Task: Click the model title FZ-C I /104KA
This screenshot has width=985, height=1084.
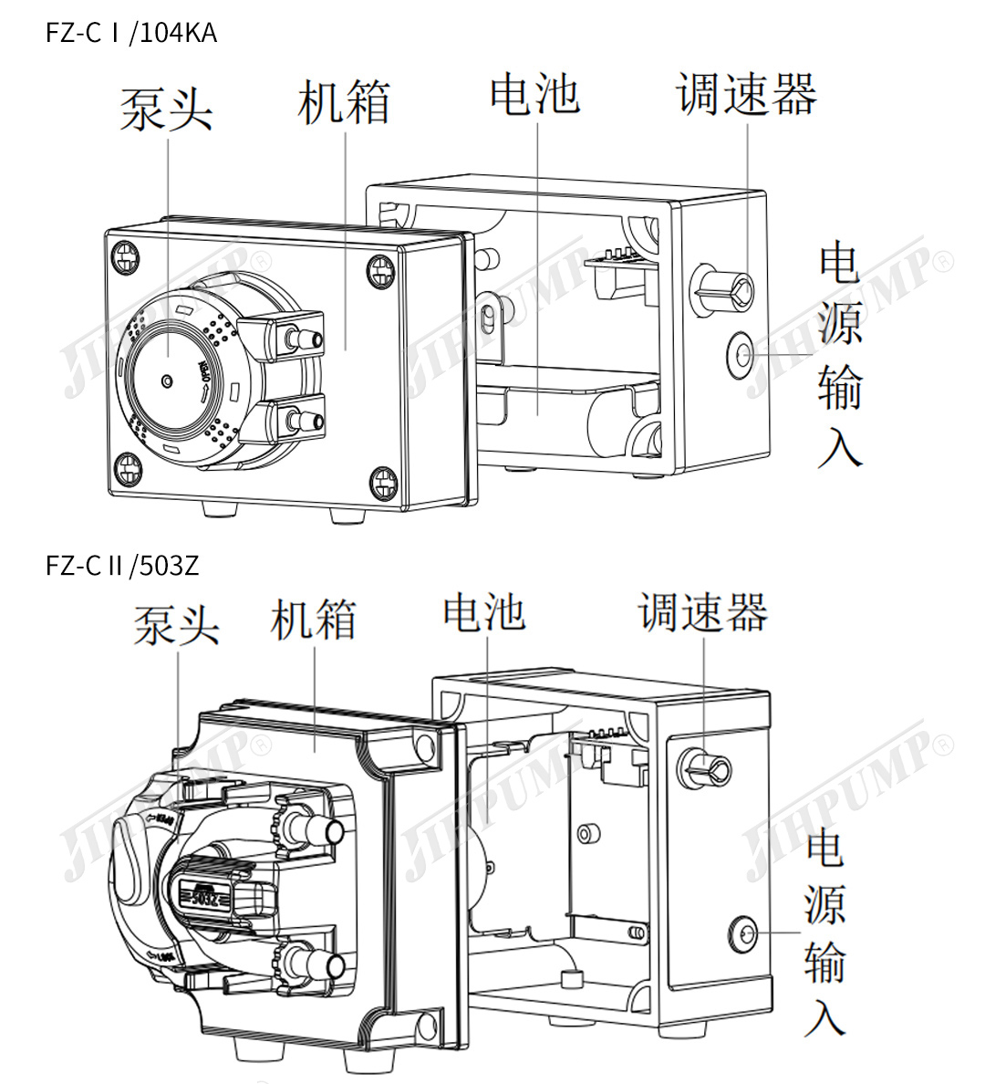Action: tap(131, 34)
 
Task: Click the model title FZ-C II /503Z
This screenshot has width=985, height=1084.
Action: tap(122, 566)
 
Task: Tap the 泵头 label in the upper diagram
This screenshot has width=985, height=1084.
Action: tap(166, 109)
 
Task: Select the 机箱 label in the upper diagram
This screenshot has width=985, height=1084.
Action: tap(344, 101)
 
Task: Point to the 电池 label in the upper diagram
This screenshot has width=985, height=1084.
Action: tap(534, 94)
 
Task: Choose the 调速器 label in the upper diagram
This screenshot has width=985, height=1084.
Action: tap(746, 94)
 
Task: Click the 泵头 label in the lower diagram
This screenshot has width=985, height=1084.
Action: tap(176, 625)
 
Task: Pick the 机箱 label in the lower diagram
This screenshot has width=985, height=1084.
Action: tap(313, 620)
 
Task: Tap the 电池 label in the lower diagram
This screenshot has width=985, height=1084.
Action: tap(484, 612)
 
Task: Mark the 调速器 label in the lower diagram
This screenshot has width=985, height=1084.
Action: tap(703, 612)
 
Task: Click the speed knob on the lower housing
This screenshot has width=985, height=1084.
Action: tap(705, 771)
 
